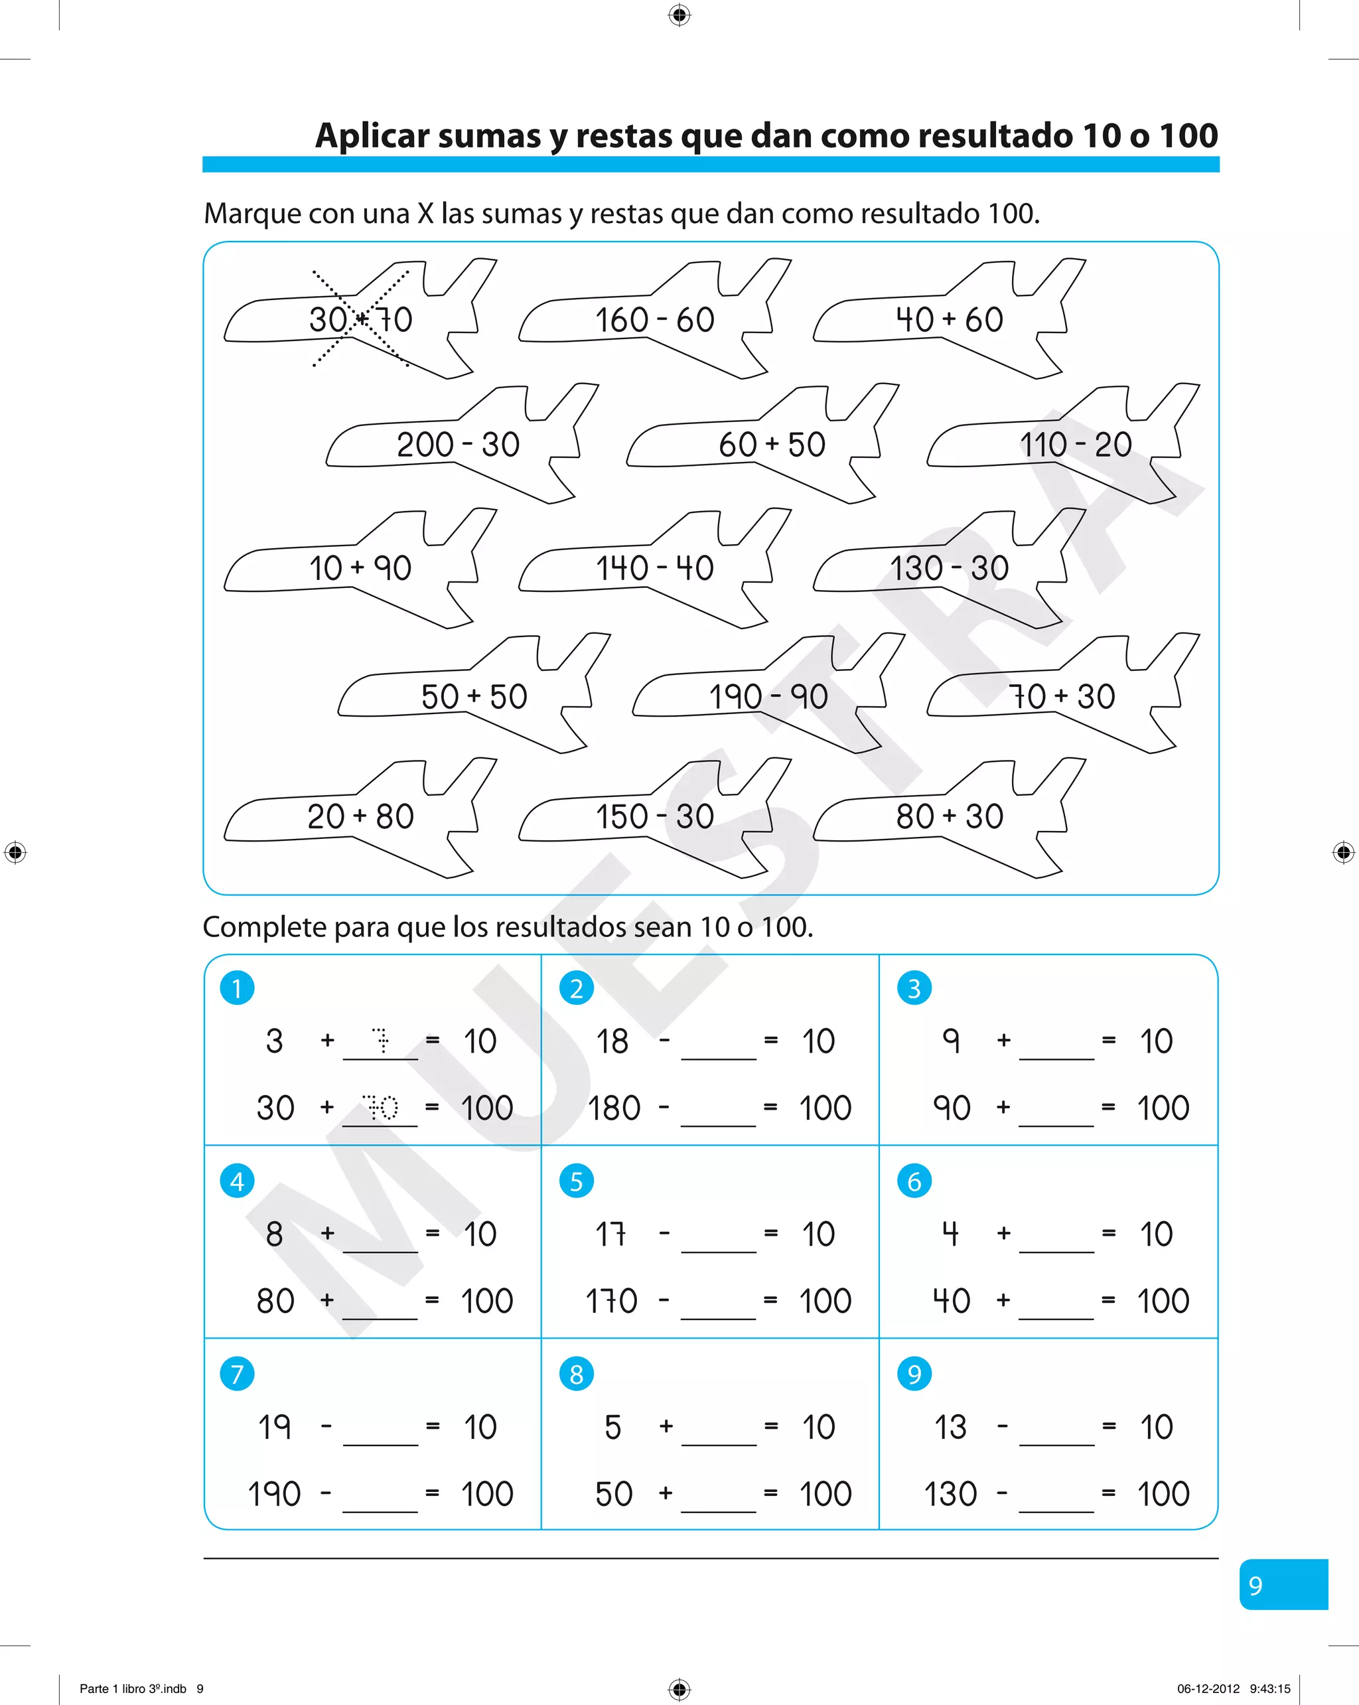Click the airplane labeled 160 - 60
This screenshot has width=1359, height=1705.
point(654,321)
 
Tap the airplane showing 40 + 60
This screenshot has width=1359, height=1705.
point(949,321)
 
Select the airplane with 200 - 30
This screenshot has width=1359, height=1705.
point(459,445)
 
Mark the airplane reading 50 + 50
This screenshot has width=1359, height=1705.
point(474,697)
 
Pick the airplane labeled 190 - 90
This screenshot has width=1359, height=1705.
point(768,697)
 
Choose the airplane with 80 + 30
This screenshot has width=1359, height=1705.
point(949,817)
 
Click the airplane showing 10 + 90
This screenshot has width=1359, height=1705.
point(360,569)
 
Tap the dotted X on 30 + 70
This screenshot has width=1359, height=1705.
point(360,319)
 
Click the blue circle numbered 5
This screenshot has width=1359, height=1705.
point(577,1181)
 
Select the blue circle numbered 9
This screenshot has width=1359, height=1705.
point(914,1374)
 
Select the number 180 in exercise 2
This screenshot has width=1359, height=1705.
point(614,1108)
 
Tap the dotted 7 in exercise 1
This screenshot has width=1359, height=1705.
point(381,1041)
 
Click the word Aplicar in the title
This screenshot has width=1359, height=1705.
point(372,137)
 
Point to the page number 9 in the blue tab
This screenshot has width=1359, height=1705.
point(1255,1585)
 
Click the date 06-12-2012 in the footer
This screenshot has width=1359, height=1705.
point(1208,1688)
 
